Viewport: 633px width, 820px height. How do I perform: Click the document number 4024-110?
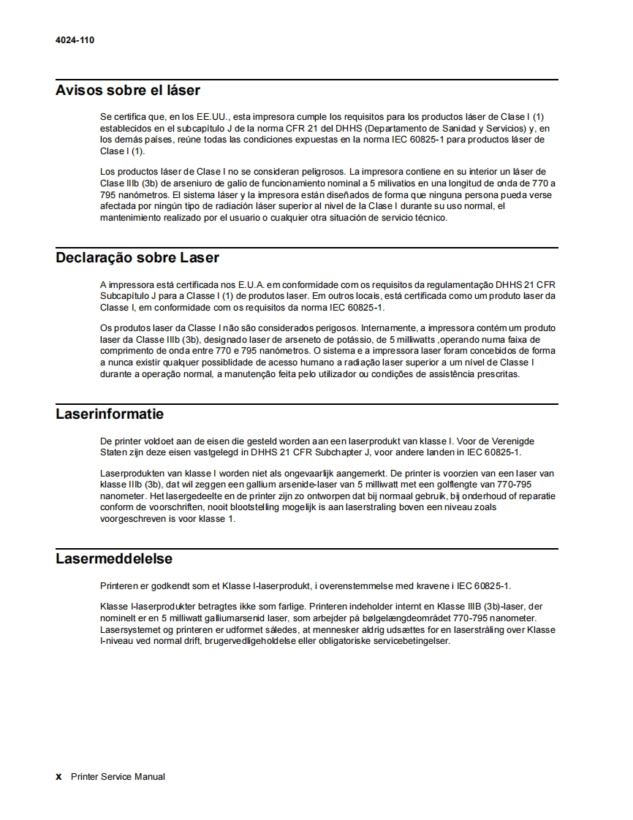75,40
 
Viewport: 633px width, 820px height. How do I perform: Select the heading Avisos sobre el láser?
128,91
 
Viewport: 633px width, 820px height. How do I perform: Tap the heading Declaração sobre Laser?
137,257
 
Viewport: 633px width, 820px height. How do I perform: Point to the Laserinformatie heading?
110,414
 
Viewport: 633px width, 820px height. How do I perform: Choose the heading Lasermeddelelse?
114,559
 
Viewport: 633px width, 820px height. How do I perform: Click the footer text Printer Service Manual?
118,777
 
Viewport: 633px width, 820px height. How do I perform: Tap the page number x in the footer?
59,777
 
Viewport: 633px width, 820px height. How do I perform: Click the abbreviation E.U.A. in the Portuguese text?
229,284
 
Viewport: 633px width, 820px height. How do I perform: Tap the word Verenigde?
512,441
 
